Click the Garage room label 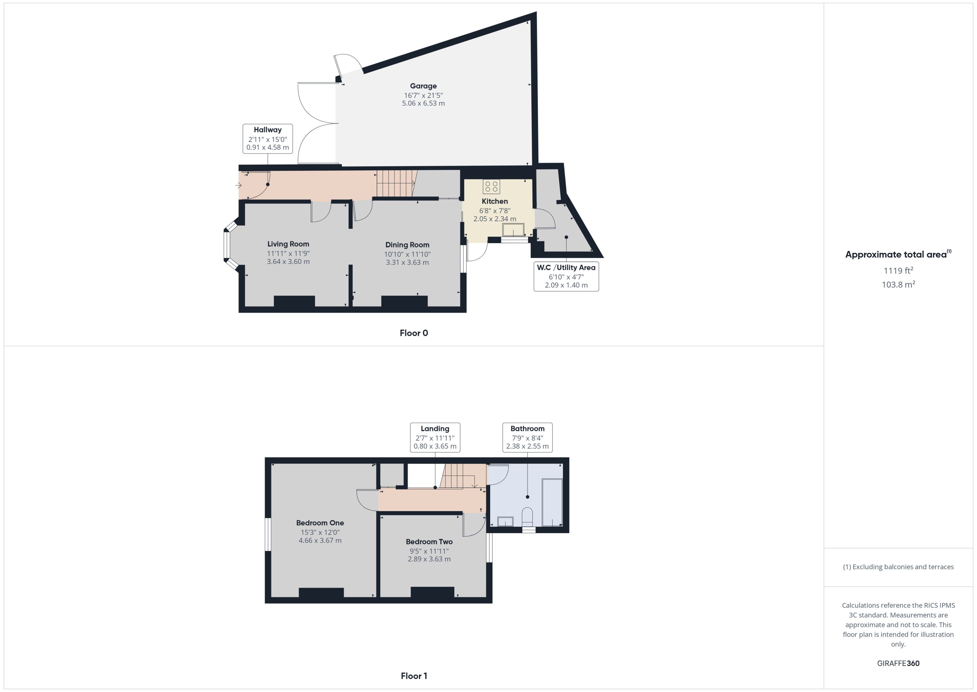coord(423,86)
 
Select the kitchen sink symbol coord(513,230)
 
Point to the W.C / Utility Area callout coord(566,276)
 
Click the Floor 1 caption coord(413,676)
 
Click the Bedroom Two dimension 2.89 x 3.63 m coord(429,559)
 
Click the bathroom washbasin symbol coord(505,522)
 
